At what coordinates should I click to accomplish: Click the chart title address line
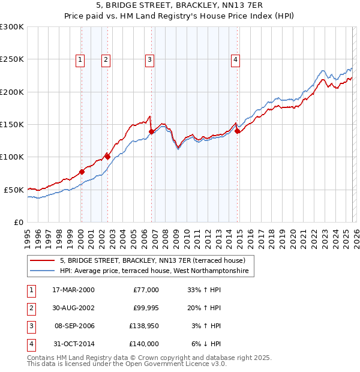coord(180,5)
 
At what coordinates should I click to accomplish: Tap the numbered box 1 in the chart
coord(80,59)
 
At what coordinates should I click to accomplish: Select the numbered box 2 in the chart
coord(106,59)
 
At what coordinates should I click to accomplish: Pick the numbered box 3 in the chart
coord(149,59)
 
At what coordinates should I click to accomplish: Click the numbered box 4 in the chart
coord(236,59)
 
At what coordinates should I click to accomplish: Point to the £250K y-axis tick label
coord(12,59)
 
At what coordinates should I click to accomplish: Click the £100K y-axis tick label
coord(12,157)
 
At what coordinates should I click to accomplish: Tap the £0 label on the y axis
coord(19,222)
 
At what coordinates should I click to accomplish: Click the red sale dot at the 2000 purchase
coord(82,172)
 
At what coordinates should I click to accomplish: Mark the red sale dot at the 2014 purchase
coord(238,131)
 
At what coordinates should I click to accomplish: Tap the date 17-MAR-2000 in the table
coord(73,290)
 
